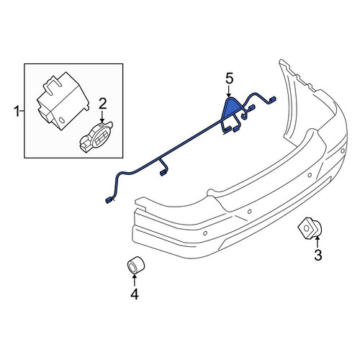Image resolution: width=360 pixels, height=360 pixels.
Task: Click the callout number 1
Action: pyautogui.click(x=17, y=111)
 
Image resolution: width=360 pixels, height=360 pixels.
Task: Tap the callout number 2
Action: pyautogui.click(x=102, y=104)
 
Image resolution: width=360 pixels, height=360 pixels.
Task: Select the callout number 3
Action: pyautogui.click(x=318, y=255)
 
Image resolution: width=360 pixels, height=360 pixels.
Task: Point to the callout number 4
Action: pyautogui.click(x=135, y=294)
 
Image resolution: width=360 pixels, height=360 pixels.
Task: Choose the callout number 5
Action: pyautogui.click(x=229, y=79)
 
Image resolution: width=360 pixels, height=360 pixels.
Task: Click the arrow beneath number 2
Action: pyautogui.click(x=102, y=117)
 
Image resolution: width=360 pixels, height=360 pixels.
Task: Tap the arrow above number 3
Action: pyautogui.click(x=318, y=242)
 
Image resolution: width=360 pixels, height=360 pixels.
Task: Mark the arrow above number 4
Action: pyautogui.click(x=134, y=280)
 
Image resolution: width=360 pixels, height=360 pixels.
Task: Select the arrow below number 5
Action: pyautogui.click(x=229, y=92)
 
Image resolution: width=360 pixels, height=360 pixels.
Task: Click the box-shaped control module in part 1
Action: pyautogui.click(x=63, y=101)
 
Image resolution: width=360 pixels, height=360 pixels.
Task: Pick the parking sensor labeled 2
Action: pyautogui.click(x=96, y=138)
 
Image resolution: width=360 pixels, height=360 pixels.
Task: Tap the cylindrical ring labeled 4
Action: pyautogui.click(x=135, y=265)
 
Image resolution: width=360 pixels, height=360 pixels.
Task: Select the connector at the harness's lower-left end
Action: pyautogui.click(x=109, y=200)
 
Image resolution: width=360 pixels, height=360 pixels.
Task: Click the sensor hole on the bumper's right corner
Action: pyautogui.click(x=343, y=150)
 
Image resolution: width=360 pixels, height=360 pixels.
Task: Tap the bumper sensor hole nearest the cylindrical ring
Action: pyautogui.click(x=205, y=233)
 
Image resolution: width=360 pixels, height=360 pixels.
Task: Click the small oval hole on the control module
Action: pyautogui.click(x=61, y=120)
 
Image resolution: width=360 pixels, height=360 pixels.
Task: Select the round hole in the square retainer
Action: pyautogui.click(x=307, y=228)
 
